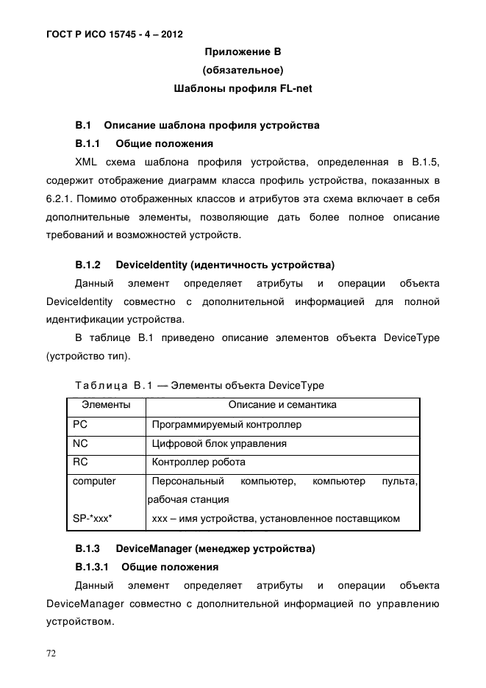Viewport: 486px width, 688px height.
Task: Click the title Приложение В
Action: click(243, 52)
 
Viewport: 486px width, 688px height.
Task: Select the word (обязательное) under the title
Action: click(243, 71)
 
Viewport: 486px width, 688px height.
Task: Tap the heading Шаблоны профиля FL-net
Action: click(243, 90)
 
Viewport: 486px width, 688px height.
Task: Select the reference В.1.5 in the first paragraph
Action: click(425, 161)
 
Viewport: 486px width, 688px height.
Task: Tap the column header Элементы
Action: click(106, 405)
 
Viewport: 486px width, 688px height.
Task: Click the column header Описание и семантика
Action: click(282, 405)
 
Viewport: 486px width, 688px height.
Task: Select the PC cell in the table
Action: click(80, 425)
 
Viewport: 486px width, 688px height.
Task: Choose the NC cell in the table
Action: click(80, 444)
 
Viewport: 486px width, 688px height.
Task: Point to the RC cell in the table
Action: click(80, 462)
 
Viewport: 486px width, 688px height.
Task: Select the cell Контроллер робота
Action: click(199, 463)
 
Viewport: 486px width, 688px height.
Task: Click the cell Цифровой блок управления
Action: click(219, 444)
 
